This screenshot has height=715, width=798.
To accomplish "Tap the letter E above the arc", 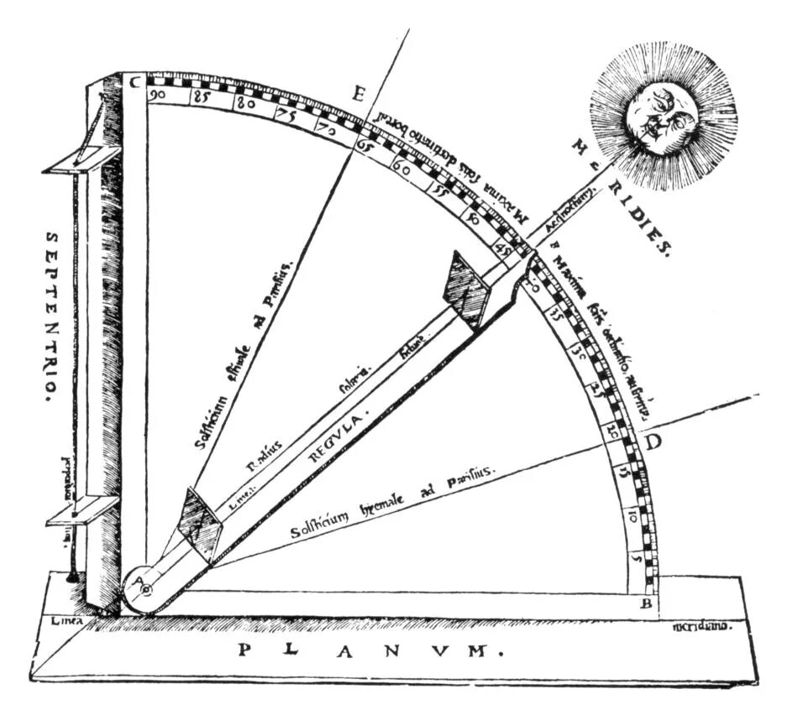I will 357,94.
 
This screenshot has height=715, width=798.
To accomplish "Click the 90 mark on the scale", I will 157,96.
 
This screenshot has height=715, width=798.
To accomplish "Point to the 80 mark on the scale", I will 244,105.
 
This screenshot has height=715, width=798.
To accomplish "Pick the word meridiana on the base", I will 703,626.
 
